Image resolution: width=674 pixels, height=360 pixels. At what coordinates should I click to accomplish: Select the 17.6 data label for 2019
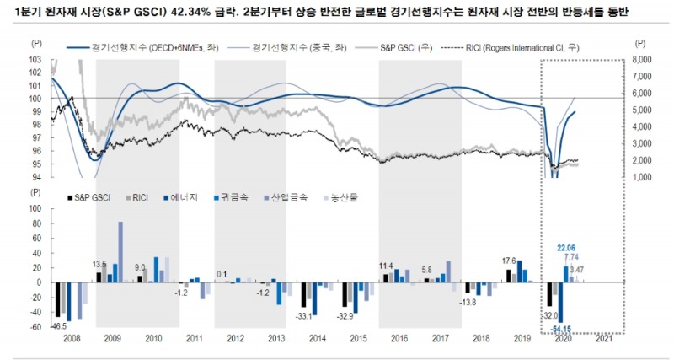click(x=508, y=261)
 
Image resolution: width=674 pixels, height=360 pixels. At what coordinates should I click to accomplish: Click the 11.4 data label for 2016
click(x=387, y=266)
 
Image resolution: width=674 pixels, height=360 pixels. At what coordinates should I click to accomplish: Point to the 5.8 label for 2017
click(x=427, y=269)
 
